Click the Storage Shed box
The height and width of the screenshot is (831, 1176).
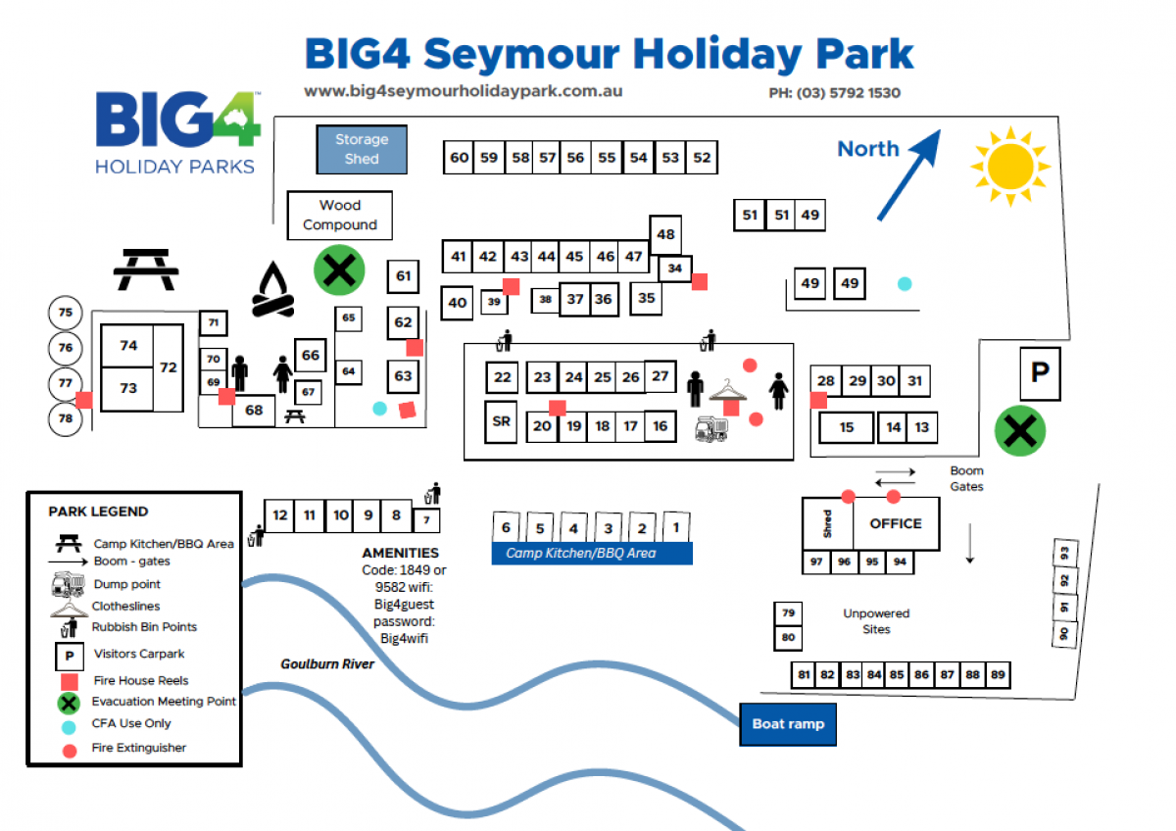pyautogui.click(x=362, y=149)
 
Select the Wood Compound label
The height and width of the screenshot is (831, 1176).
pyautogui.click(x=340, y=215)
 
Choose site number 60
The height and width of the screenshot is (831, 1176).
pyautogui.click(x=460, y=157)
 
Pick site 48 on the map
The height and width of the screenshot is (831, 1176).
pyautogui.click(x=665, y=235)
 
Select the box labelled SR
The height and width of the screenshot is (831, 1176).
pyautogui.click(x=502, y=421)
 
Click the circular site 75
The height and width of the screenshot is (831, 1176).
pyautogui.click(x=66, y=314)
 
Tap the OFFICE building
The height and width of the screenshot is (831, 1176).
pyautogui.click(x=896, y=523)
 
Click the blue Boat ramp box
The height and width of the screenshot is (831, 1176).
pyautogui.click(x=788, y=724)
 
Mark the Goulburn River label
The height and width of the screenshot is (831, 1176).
pyautogui.click(x=327, y=664)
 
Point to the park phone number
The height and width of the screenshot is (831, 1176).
pyautogui.click(x=834, y=94)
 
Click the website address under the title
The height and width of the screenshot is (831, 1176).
pyautogui.click(x=464, y=91)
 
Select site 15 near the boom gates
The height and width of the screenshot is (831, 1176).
pyautogui.click(x=846, y=427)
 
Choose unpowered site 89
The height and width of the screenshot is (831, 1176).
pyautogui.click(x=998, y=674)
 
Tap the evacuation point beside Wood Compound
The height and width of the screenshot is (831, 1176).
pyautogui.click(x=339, y=269)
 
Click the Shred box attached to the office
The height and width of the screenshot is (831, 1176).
pyautogui.click(x=827, y=523)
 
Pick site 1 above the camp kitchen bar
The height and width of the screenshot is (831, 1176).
pyautogui.click(x=675, y=527)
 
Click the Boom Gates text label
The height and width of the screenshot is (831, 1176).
pyautogui.click(x=966, y=478)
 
